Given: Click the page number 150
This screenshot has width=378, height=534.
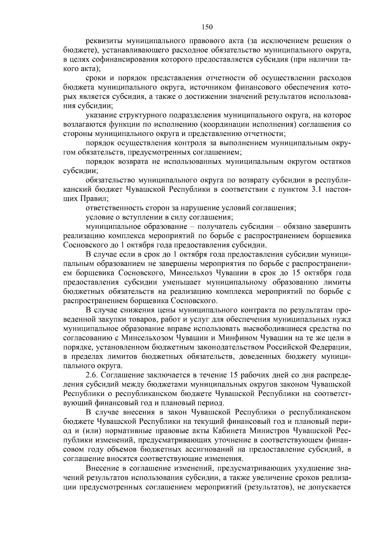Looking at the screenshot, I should pos(207,27).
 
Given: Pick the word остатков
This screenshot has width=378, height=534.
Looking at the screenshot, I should pos(334,162).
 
